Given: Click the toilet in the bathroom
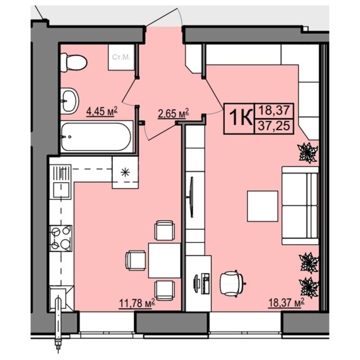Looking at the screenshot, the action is click(73, 62).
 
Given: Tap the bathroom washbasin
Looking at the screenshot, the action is click(70, 100).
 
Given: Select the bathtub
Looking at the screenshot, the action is click(97, 137).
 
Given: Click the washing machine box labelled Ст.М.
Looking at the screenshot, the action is click(121, 57).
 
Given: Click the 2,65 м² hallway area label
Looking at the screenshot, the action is click(173, 113).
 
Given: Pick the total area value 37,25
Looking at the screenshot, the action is click(274, 126).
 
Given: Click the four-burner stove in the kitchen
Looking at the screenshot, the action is click(61, 238).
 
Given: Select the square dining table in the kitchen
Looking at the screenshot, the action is click(164, 261).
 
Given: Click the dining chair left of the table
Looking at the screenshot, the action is click(136, 261).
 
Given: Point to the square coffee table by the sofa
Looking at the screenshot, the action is click(262, 206).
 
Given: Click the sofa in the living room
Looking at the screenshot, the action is click(300, 206).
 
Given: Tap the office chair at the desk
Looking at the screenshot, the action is click(232, 283).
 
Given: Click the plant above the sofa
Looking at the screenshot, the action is click(308, 153).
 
